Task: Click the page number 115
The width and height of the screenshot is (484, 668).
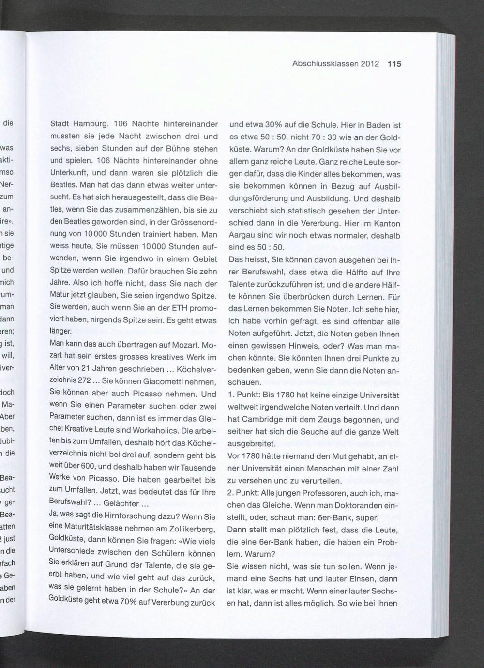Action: coord(394,64)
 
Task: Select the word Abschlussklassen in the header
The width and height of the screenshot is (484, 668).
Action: coord(325,64)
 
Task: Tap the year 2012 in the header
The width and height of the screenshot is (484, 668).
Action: coord(370,64)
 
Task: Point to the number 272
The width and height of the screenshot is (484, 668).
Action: coord(84,381)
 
